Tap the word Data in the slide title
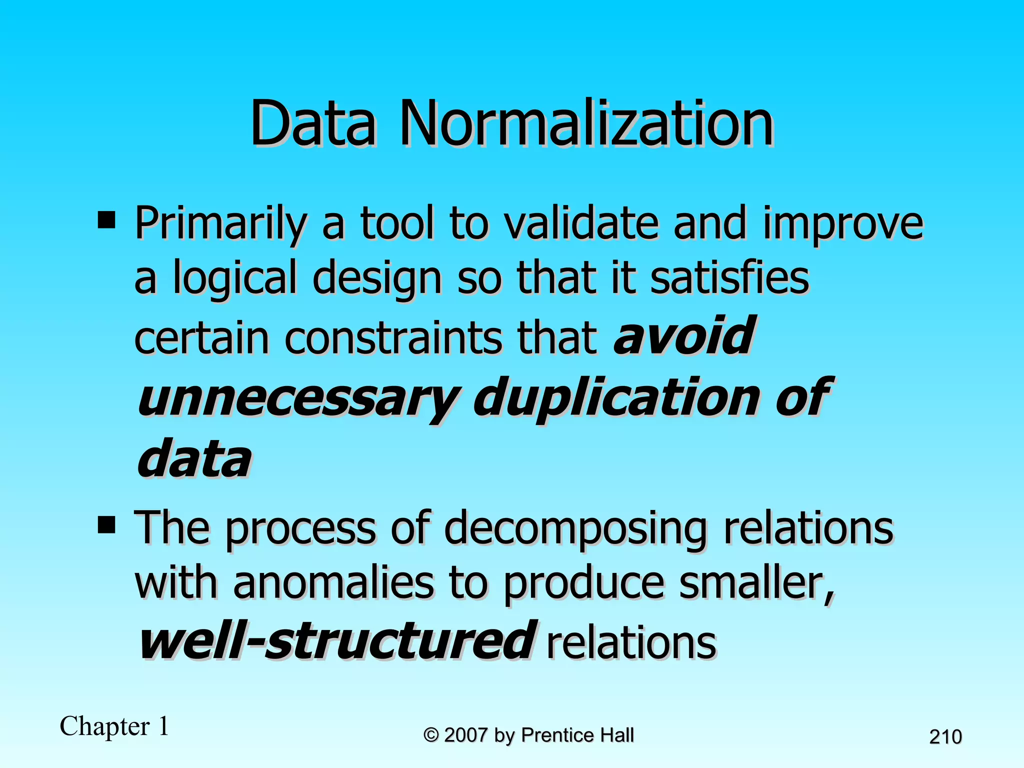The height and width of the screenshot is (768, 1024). click(313, 123)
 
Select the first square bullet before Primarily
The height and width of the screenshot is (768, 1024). click(106, 219)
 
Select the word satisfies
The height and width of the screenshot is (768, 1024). click(729, 278)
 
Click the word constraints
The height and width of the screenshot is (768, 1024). click(393, 338)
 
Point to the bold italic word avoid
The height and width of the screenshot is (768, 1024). click(684, 336)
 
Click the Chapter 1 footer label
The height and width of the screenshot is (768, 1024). click(114, 726)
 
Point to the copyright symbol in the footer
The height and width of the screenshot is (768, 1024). click(431, 735)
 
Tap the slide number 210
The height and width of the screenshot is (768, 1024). click(945, 737)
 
